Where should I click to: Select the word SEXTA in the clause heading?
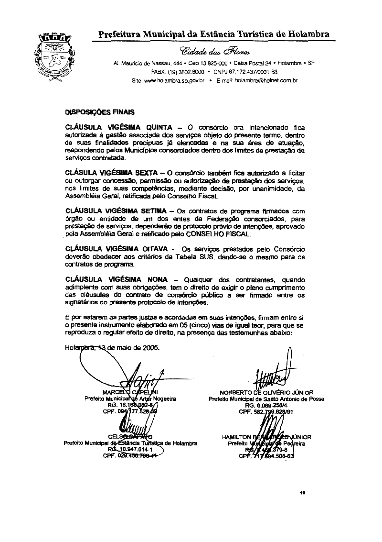[x=139, y=171]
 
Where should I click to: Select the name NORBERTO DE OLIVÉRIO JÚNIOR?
[x=266, y=393]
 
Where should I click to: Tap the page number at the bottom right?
[x=302, y=492]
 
